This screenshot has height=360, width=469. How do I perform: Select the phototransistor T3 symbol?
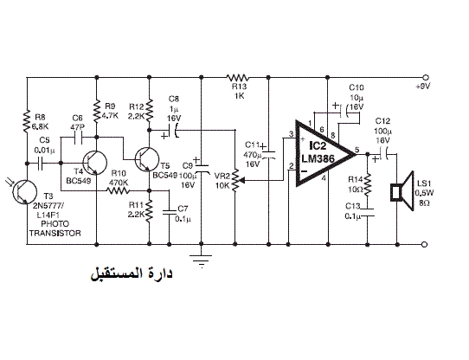[x=25, y=192]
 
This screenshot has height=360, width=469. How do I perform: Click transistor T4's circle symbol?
[x=95, y=163]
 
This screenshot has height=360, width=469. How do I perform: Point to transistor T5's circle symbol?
[x=147, y=159]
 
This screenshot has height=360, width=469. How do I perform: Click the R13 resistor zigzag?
[x=237, y=78]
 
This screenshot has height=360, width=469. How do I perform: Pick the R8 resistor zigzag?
[x=27, y=121]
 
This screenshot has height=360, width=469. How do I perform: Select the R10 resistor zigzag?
[x=119, y=190]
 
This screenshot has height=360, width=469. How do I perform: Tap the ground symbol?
[x=201, y=260]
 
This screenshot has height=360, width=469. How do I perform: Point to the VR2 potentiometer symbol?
[x=236, y=181]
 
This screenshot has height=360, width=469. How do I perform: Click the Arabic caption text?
[x=132, y=273]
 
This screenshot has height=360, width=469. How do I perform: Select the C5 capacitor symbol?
[x=41, y=163]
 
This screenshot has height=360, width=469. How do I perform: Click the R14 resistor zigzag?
[x=368, y=184]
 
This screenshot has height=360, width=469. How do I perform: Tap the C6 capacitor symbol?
[x=78, y=138]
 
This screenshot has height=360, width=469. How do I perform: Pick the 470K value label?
[x=119, y=183]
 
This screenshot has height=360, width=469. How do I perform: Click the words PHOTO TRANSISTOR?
[x=55, y=228]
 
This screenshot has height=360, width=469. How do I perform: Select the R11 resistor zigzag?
[x=149, y=210]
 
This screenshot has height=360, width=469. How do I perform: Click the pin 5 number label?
[x=357, y=150]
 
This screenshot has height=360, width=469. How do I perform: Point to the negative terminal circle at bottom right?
[x=424, y=245]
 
